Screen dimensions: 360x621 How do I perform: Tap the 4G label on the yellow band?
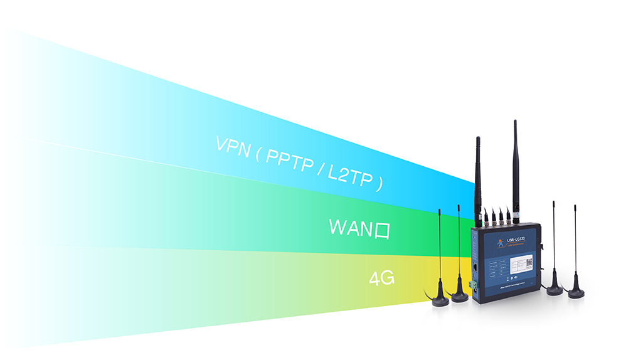[x=381, y=278]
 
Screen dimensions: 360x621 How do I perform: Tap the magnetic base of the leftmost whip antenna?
[x=440, y=300]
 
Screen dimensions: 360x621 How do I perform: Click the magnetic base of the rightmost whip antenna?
[x=576, y=293]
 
